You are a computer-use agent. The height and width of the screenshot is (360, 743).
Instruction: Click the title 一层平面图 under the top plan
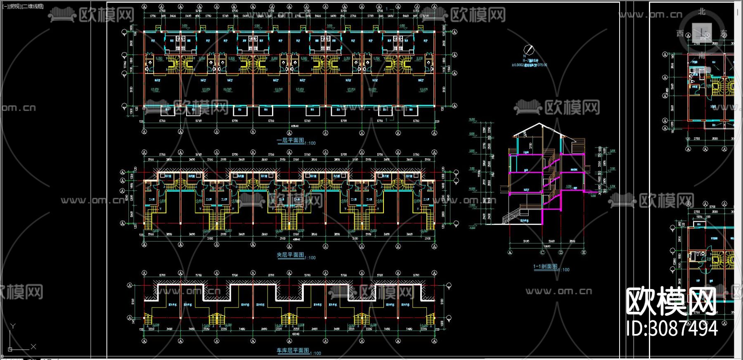pos(290,140)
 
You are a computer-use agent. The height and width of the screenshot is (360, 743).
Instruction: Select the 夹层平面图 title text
pos(290,255)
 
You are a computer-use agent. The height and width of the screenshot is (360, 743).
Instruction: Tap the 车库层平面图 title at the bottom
pos(293,351)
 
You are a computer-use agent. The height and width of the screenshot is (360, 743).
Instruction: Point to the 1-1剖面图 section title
pos(545,267)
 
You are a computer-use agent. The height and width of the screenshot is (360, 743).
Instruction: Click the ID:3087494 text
pos(672,329)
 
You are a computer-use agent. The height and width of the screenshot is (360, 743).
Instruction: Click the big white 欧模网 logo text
pos(671,302)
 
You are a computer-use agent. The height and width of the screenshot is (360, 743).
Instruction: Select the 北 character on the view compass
pos(702,12)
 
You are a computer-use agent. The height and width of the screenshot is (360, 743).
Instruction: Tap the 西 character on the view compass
pos(680,33)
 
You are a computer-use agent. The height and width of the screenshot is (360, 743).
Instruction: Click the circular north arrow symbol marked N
pos(529,50)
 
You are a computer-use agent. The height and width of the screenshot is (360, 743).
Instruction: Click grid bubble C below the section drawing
pos(542,252)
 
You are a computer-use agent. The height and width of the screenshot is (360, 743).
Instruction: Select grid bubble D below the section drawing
pos(561,252)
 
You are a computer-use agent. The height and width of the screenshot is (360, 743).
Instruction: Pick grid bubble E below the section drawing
pos(583,252)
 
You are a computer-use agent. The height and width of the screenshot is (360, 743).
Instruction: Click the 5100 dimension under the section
pos(526,241)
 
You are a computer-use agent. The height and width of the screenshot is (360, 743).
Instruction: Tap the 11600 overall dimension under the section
pos(546,246)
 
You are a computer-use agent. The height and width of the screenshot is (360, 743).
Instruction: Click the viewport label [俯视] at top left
pos(15,6)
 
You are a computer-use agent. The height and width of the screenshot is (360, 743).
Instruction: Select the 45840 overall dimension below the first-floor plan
pos(295,126)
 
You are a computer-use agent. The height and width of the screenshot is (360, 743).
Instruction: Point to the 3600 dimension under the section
pos(572,241)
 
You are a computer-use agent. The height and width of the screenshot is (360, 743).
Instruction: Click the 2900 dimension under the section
pos(551,241)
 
